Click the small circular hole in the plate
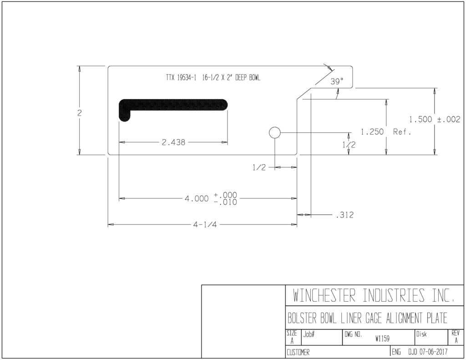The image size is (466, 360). coord(274,132)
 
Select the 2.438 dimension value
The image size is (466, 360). coord(173,142)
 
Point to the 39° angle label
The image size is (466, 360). coord(337,81)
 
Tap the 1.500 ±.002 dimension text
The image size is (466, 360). coord(435,120)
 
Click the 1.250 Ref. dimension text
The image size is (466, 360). coord(386,132)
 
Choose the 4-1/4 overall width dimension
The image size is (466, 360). coord(205,225)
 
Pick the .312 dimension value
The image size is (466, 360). coord(345,215)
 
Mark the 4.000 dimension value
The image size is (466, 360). coord(197,198)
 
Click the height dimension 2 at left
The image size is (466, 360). coord(79,113)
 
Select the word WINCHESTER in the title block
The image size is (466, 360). coord(324,295)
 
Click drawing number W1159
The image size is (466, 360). coord(382,339)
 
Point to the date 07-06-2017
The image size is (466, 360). coord(433,352)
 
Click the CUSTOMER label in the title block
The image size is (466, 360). coord(298,353)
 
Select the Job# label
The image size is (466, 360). coord(309,335)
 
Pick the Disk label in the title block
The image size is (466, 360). coord(421,335)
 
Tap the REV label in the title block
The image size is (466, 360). coord(455,334)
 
